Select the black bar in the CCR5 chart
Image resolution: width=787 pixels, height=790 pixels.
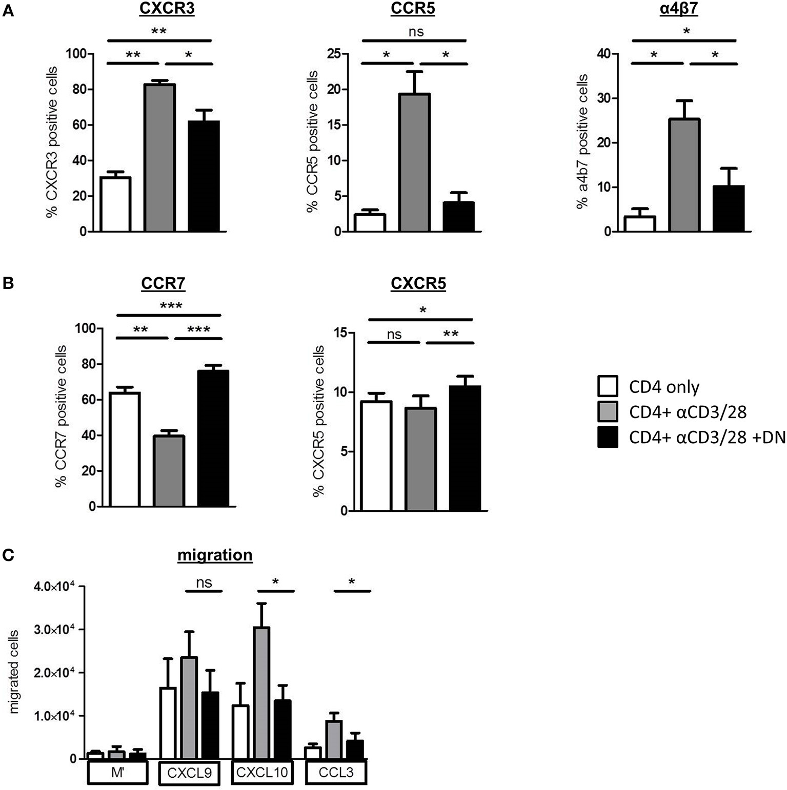point(458,217)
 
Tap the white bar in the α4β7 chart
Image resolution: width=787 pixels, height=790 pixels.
point(639,224)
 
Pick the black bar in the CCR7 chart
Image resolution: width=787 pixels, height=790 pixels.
point(213,438)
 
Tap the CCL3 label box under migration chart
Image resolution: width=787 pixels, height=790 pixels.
point(336,772)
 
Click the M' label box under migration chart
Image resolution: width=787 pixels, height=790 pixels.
point(117,772)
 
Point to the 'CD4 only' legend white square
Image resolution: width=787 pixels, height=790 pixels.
point(608,386)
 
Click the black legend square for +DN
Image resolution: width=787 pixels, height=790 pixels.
point(608,437)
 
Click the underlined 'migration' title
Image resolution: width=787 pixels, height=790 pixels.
point(215,555)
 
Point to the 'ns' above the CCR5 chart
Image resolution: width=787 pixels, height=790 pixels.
point(417,32)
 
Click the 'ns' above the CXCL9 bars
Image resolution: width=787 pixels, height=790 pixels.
point(204,583)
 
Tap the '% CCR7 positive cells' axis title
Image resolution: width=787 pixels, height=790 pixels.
point(62,417)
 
